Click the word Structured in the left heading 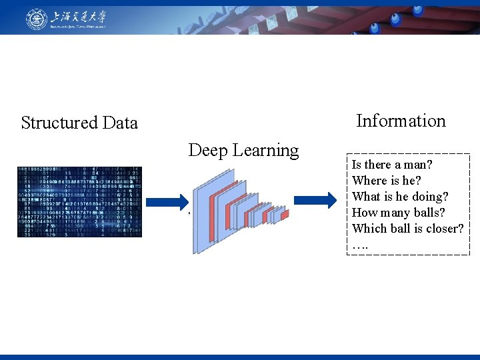59,123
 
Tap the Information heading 401,121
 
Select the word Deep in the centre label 207,151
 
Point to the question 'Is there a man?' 393,165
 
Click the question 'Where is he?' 387,181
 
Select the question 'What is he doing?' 400,197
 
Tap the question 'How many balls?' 399,213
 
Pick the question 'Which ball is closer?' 407,229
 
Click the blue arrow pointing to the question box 322,199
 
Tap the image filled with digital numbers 79,202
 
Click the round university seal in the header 37,19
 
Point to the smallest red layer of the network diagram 285,215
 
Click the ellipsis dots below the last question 359,245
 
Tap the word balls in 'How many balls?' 430,213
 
